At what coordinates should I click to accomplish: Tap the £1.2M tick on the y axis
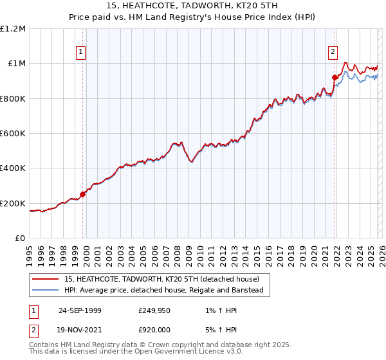pyautogui.click(x=13, y=28)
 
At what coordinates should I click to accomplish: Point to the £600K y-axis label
pyautogui.click(x=13, y=134)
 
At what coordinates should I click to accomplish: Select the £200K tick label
pyautogui.click(x=13, y=204)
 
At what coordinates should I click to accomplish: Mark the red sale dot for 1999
pyautogui.click(x=83, y=194)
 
